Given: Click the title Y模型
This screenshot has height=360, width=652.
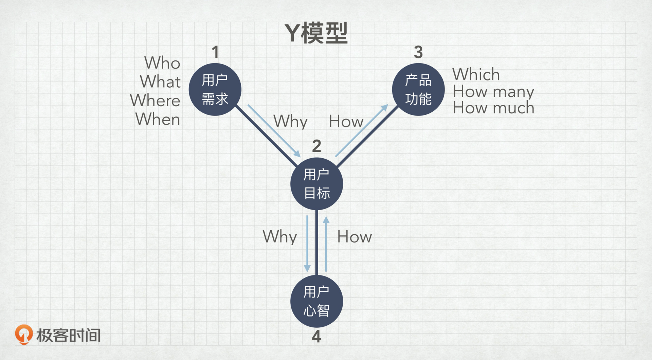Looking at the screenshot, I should (316, 33).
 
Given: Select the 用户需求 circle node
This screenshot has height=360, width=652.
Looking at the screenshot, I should (215, 90).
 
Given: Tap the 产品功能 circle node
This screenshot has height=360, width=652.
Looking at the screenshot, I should (418, 90).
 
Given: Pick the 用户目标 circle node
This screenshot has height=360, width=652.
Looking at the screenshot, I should (316, 184).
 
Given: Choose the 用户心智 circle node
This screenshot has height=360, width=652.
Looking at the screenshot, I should (316, 301).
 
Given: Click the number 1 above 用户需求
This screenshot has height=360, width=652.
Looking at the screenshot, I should (215, 52).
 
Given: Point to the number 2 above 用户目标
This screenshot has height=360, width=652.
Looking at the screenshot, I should (316, 146).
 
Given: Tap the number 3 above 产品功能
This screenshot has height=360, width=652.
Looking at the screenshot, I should (418, 52).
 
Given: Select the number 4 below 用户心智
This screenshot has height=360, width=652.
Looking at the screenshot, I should (316, 337).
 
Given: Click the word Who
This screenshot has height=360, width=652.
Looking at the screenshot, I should (162, 63).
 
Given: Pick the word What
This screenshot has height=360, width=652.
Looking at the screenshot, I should (160, 82).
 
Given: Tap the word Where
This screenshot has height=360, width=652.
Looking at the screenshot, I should (155, 100).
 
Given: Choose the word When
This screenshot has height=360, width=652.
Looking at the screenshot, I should (158, 119).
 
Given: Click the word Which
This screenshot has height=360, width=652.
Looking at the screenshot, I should (476, 74).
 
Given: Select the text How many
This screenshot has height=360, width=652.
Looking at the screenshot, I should (493, 91).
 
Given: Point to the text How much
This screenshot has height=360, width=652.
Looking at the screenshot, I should (493, 108).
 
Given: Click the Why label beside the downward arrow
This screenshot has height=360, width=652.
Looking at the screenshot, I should (280, 236).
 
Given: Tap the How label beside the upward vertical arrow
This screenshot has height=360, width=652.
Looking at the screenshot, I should (354, 237).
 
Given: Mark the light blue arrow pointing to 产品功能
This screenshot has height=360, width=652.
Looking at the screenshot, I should (362, 130).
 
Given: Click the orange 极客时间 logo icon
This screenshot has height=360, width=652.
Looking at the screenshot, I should (24, 335).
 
